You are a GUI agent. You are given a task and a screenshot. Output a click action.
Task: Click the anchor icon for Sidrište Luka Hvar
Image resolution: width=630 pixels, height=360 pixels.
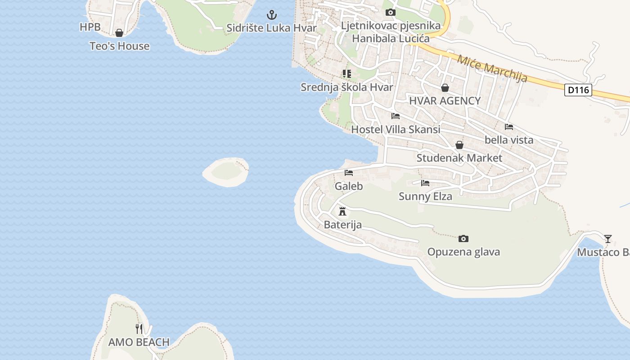[272, 15]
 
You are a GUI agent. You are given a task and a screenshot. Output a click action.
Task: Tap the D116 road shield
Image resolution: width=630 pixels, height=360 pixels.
[578, 90]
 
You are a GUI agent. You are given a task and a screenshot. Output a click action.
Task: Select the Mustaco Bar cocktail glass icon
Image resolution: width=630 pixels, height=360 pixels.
[608, 238]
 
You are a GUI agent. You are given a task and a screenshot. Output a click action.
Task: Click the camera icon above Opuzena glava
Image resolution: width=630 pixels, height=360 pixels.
[463, 238]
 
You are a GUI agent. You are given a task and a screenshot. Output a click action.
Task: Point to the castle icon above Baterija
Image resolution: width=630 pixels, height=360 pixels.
[342, 211]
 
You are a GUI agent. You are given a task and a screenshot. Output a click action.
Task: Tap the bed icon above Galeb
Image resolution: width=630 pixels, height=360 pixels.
[349, 173]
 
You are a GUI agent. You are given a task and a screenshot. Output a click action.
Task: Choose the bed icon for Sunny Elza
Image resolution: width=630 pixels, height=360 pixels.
[425, 183]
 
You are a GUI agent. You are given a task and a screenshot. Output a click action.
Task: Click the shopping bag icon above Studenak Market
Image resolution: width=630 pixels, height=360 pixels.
[459, 145]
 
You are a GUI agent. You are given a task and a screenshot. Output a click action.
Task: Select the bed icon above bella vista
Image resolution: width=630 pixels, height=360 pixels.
[509, 127]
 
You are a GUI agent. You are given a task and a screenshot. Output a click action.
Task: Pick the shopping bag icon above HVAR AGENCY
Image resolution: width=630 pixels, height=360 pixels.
[445, 88]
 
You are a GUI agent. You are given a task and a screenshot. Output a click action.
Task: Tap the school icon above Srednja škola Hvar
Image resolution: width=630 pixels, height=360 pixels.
[346, 74]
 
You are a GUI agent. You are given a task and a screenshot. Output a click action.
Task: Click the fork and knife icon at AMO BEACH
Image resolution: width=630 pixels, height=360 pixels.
[139, 329]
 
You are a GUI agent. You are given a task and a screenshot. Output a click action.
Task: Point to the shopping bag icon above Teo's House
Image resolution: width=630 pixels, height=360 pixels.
[119, 33]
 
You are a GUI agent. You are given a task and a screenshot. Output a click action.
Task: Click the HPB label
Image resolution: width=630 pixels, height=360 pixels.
[90, 27]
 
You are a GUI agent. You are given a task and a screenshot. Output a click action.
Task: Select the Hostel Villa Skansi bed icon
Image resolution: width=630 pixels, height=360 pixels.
[396, 116]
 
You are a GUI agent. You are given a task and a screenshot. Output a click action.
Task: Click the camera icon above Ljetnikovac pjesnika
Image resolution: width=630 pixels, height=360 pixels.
[391, 13]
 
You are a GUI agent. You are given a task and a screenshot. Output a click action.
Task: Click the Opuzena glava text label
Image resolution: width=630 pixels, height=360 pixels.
[463, 252]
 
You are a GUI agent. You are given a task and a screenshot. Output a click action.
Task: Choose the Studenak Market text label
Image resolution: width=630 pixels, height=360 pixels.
[459, 158]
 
